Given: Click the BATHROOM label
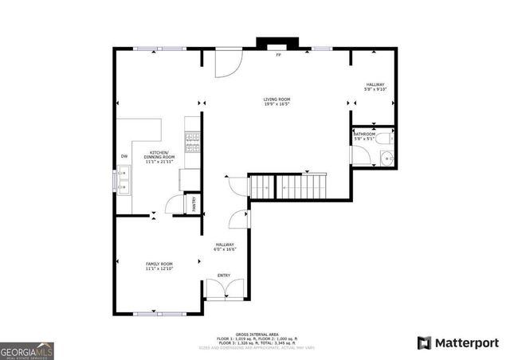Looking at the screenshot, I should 364,135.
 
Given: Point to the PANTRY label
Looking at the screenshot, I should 191,204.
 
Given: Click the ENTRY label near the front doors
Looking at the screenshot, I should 224,276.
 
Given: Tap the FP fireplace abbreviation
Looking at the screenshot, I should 278,56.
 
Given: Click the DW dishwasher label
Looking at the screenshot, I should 124,155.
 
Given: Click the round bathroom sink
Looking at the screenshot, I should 386,158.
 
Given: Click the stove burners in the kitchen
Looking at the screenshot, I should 191,142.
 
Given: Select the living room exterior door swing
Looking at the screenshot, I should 227,64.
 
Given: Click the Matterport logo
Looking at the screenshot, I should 457,342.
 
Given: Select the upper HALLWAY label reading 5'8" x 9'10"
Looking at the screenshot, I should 375,87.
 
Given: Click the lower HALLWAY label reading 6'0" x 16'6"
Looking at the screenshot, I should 224,247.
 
